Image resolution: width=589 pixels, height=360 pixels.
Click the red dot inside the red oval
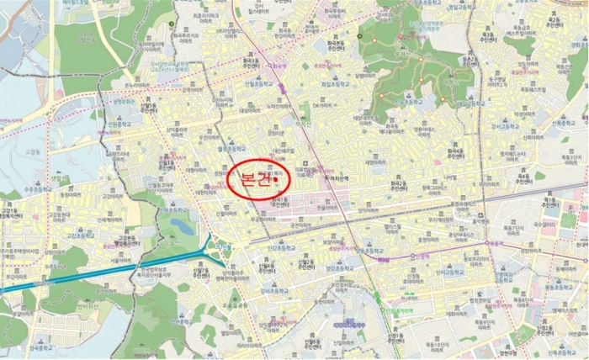[x=275, y=178]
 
